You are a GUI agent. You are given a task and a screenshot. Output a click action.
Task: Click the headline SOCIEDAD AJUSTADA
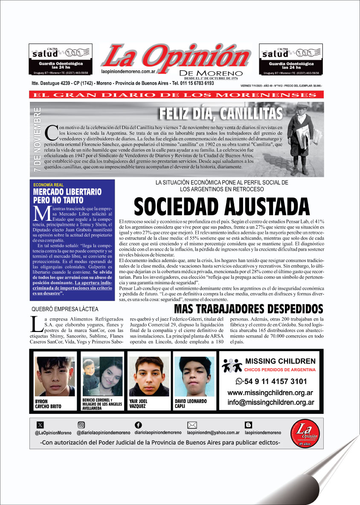tap(221, 207)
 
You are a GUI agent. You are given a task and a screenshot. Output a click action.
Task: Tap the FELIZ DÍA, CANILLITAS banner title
tap(221, 114)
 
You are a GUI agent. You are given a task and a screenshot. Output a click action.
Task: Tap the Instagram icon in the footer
tap(81, 424)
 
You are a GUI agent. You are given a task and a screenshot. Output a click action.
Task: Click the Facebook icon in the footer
tap(138, 424)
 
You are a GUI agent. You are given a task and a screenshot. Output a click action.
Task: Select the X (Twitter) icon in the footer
tap(40, 424)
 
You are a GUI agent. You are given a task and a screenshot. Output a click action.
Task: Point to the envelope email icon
tap(192, 424)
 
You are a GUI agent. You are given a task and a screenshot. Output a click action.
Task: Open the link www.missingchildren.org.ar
tap(270, 392)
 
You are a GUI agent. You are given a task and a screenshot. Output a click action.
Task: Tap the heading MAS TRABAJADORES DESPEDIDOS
tap(249, 309)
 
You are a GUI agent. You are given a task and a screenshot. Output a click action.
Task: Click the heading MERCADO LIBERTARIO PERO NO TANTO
tap(67, 196)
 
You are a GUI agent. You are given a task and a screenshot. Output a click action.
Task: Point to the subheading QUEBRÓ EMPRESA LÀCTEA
tap(65, 309)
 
